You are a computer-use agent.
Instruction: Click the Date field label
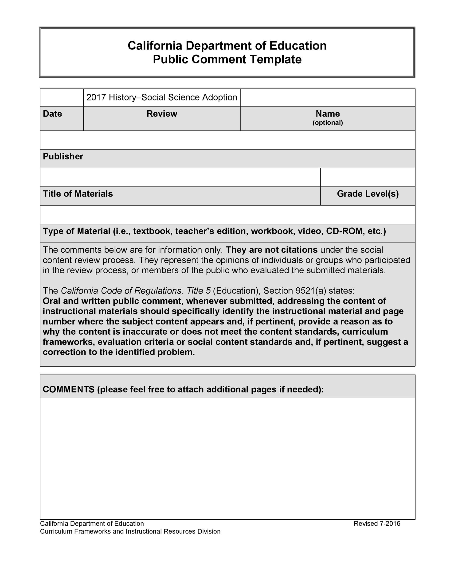click(x=52, y=114)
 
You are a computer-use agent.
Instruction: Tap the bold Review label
click(x=162, y=114)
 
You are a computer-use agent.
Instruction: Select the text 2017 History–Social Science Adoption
click(x=162, y=97)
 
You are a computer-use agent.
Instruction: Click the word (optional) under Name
click(x=327, y=123)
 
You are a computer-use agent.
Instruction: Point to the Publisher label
click(x=63, y=156)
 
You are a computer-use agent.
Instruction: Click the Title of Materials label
click(x=78, y=194)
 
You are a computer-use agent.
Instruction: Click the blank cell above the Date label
click(x=62, y=98)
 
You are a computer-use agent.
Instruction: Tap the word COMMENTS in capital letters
click(x=68, y=390)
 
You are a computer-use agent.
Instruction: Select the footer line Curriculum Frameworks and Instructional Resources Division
click(x=130, y=531)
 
